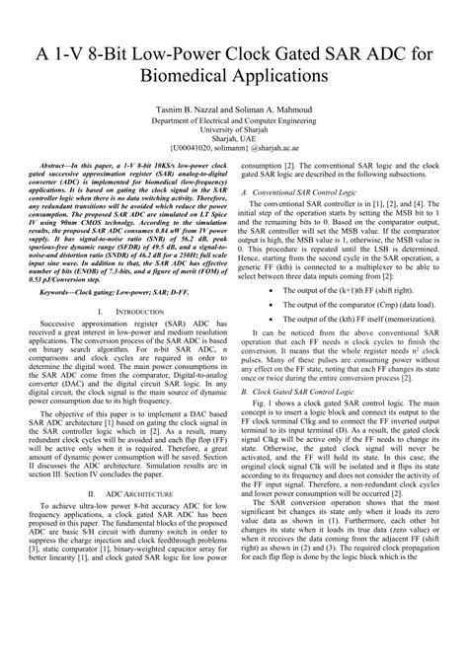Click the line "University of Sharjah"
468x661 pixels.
pyautogui.click(x=233, y=129)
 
